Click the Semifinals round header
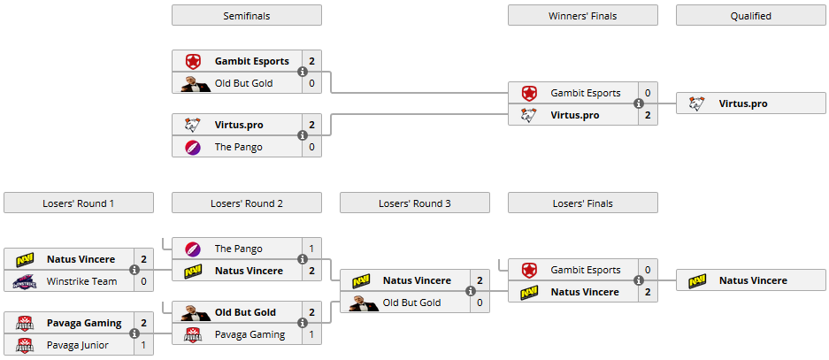(x=246, y=16)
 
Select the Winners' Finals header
(x=582, y=16)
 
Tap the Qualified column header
(x=750, y=16)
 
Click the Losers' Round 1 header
(x=78, y=203)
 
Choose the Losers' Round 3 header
(x=414, y=203)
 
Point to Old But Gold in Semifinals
(x=243, y=83)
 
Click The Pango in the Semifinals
(x=238, y=147)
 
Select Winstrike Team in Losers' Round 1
(x=81, y=281)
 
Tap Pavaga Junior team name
(x=77, y=345)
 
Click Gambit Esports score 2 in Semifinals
(x=312, y=62)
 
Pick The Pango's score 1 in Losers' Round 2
(x=312, y=249)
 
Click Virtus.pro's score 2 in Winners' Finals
(x=649, y=115)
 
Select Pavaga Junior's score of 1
(x=144, y=345)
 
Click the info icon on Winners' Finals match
(x=639, y=103)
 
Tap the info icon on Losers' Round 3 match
(x=471, y=291)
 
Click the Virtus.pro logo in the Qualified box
(x=697, y=104)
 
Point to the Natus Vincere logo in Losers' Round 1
(x=25, y=260)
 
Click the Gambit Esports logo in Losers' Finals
(x=529, y=271)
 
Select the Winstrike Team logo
(x=25, y=281)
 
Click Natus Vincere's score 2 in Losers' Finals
(x=649, y=292)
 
